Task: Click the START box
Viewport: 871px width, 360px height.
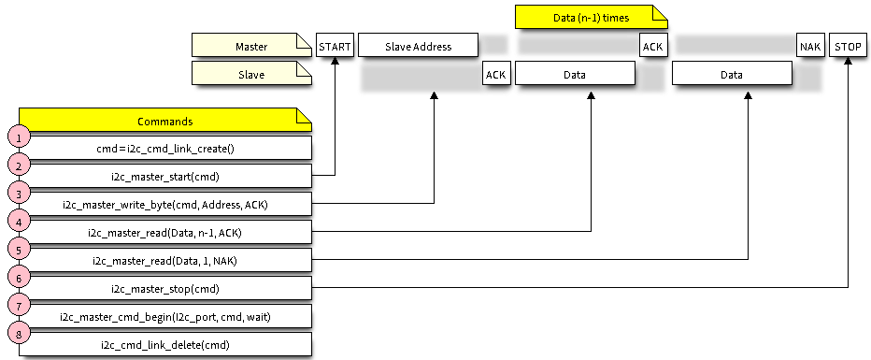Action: [x=336, y=46]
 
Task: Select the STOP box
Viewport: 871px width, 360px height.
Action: [x=848, y=46]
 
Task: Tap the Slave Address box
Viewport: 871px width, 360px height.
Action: [x=418, y=46]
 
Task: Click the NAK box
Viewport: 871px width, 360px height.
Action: [x=810, y=46]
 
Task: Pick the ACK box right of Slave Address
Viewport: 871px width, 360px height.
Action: [x=495, y=74]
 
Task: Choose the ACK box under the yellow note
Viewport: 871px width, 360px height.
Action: [x=652, y=46]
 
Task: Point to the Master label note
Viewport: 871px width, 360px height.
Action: [x=250, y=45]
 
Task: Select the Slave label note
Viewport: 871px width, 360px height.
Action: [x=250, y=73]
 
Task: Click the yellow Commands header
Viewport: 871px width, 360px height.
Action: [x=164, y=121]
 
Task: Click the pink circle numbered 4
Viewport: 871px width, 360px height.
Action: [x=19, y=221]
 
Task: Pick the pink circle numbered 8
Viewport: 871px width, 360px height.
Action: [x=19, y=333]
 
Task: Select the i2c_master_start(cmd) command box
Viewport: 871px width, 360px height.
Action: [x=165, y=176]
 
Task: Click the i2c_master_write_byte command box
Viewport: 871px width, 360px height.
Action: [x=165, y=204]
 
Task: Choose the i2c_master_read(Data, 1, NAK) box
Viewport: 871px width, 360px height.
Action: [x=165, y=260]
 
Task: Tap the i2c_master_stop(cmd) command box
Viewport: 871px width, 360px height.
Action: [x=165, y=288]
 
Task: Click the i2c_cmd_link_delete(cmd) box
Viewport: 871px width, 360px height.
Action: [x=165, y=344]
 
